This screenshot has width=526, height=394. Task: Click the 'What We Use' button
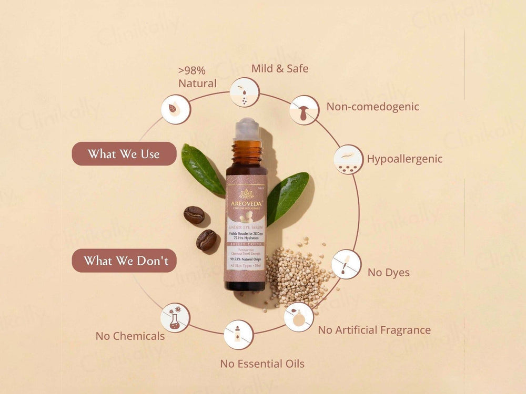click(124, 154)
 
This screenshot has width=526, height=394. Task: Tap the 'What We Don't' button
click(124, 261)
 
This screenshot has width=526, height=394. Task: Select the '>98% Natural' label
click(197, 77)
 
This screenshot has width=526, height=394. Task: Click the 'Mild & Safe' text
click(280, 68)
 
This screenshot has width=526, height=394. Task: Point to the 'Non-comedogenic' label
click(372, 107)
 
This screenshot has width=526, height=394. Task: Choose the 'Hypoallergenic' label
click(404, 159)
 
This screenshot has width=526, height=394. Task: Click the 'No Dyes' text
click(389, 273)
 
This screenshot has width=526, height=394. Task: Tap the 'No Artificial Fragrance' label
click(374, 330)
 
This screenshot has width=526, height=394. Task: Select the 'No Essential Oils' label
click(262, 364)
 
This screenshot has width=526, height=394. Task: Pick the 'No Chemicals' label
click(130, 336)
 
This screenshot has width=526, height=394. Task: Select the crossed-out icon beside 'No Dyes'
click(346, 264)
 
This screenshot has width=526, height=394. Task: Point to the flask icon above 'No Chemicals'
click(175, 317)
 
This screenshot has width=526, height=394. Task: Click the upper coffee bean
click(194, 215)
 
